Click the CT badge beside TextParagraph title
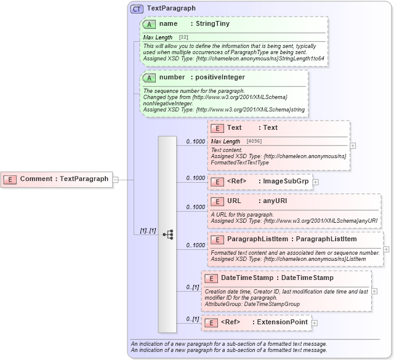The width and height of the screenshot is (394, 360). (137, 9)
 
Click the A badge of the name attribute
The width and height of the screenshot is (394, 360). (149, 24)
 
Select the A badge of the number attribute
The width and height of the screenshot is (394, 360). (149, 78)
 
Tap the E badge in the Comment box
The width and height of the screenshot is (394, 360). (10, 179)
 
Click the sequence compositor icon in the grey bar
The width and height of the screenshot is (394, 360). (167, 234)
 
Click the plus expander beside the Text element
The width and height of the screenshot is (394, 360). (353, 146)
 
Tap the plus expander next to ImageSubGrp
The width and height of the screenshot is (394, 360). (315, 182)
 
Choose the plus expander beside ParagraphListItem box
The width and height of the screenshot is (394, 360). (386, 249)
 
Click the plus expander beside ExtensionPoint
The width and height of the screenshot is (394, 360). (314, 322)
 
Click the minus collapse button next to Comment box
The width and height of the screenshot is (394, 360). (115, 179)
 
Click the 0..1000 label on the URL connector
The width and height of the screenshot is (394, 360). (196, 207)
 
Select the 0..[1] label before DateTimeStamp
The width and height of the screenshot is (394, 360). (193, 287)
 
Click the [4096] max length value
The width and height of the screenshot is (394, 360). (254, 142)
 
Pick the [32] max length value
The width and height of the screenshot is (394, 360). (183, 38)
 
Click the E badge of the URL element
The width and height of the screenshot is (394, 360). (217, 201)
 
